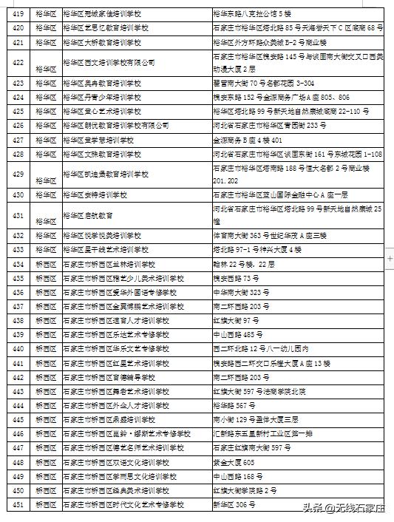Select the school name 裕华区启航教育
[89, 215]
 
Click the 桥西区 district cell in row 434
[45, 264]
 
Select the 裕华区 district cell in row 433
[45, 250]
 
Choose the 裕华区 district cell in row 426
[45, 125]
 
